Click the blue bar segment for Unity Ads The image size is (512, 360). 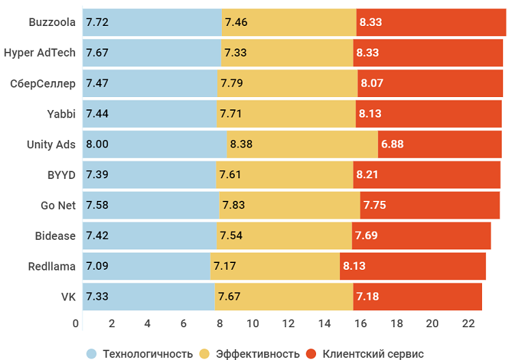[154, 144]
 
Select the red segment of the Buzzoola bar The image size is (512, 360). [431, 22]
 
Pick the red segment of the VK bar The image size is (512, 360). [417, 296]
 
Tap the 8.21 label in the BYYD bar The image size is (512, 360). [367, 174]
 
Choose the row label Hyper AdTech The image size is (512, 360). [39, 53]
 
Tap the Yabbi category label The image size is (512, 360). [61, 113]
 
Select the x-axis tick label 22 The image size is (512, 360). [468, 323]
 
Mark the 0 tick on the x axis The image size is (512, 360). [76, 323]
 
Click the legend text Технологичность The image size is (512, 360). [147, 353]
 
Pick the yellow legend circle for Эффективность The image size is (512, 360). [204, 353]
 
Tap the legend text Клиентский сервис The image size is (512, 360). [373, 353]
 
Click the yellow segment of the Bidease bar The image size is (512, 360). [284, 236]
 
